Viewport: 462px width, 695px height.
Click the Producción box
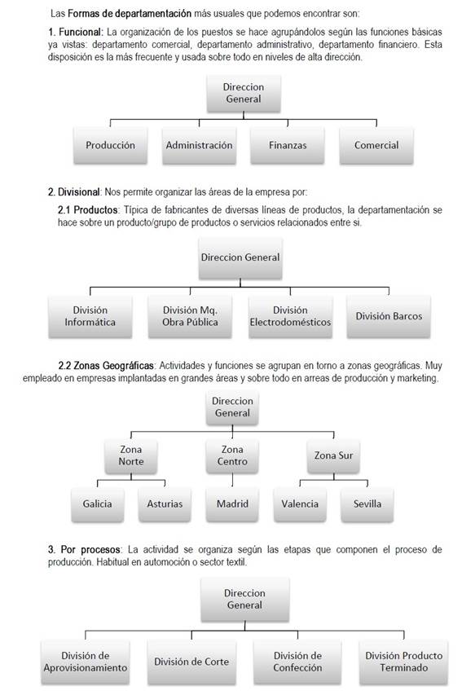click(110, 146)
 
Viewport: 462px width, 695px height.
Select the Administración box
click(199, 146)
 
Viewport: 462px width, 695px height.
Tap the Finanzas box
click(288, 146)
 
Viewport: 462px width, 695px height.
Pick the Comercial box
click(376, 146)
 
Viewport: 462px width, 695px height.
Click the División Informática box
click(90, 316)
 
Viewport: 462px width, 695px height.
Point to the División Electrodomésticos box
click(290, 316)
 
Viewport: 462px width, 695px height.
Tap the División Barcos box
click(389, 316)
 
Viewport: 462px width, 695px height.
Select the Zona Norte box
click(131, 455)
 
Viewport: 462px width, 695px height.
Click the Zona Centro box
click(232, 455)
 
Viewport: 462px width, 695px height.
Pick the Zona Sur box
click(332, 455)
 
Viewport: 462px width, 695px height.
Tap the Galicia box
click(97, 504)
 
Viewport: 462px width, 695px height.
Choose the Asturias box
click(165, 504)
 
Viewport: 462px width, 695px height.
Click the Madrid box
click(232, 504)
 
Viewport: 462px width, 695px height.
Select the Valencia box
click(300, 504)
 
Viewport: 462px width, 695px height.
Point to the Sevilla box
click(367, 504)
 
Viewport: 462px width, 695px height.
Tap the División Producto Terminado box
click(403, 662)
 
